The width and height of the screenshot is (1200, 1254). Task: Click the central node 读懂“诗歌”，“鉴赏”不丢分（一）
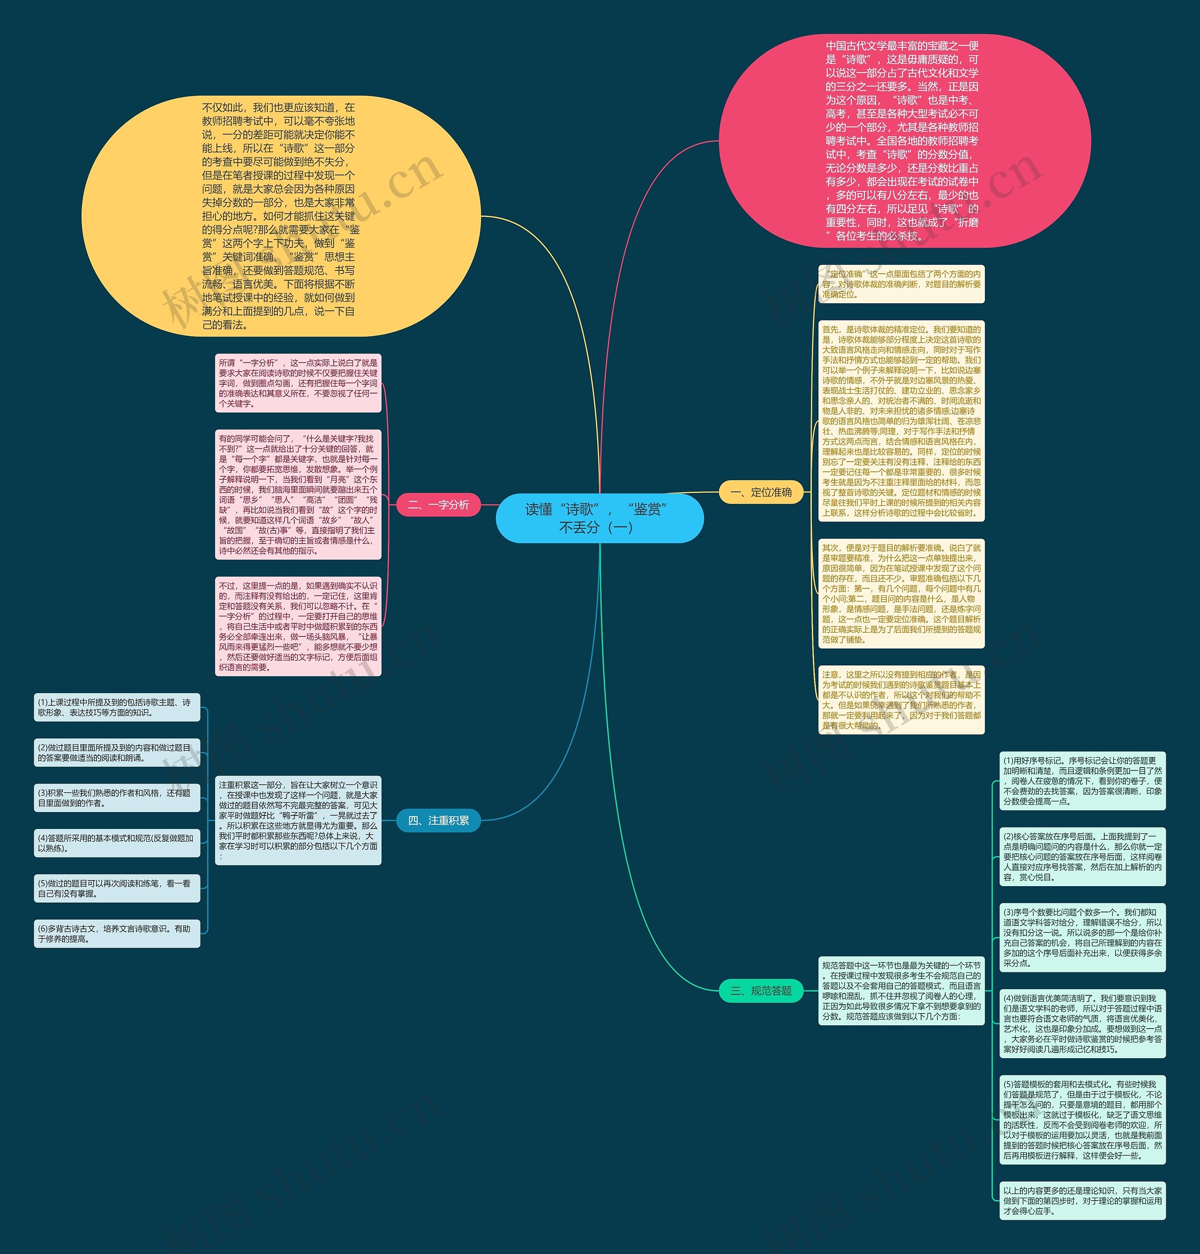600,518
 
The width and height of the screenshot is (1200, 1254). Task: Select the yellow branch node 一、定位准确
761,493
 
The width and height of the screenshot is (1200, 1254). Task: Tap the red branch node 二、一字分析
438,505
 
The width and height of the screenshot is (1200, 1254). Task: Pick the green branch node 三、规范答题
761,991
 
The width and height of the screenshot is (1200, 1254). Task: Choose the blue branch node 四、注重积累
438,821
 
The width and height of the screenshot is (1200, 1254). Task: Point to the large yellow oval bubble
281,216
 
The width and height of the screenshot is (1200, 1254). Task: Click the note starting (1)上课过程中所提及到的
117,707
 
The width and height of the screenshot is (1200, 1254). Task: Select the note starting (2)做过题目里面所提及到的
117,753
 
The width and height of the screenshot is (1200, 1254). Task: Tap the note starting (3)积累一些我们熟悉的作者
117,798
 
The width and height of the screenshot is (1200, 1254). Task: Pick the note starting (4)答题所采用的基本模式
117,843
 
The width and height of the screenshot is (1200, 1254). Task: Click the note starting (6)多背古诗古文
117,933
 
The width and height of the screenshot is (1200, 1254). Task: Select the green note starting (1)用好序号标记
1082,781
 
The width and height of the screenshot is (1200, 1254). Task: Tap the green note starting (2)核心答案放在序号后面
1082,857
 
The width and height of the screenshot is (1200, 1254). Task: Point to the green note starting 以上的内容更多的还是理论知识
1082,1201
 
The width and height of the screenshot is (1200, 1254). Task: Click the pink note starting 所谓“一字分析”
298,383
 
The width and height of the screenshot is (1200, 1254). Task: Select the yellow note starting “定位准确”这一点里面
901,284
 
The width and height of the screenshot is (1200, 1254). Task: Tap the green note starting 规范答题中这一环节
901,991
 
